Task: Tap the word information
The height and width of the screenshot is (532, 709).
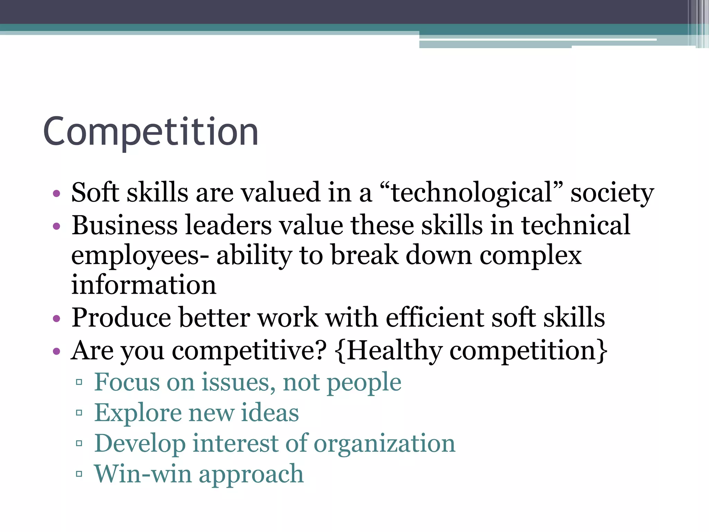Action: (144, 285)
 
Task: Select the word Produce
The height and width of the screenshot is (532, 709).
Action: (121, 317)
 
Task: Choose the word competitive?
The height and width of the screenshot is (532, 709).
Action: (249, 351)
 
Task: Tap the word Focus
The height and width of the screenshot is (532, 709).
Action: (127, 382)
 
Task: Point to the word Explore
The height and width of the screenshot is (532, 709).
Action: (138, 413)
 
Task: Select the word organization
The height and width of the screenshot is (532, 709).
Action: (384, 444)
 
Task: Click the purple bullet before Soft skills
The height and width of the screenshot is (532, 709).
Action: (56, 193)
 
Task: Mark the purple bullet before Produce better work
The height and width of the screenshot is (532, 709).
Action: (56, 318)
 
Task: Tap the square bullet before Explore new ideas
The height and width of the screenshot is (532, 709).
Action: (79, 413)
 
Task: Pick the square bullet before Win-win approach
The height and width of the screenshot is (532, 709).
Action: (79, 474)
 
